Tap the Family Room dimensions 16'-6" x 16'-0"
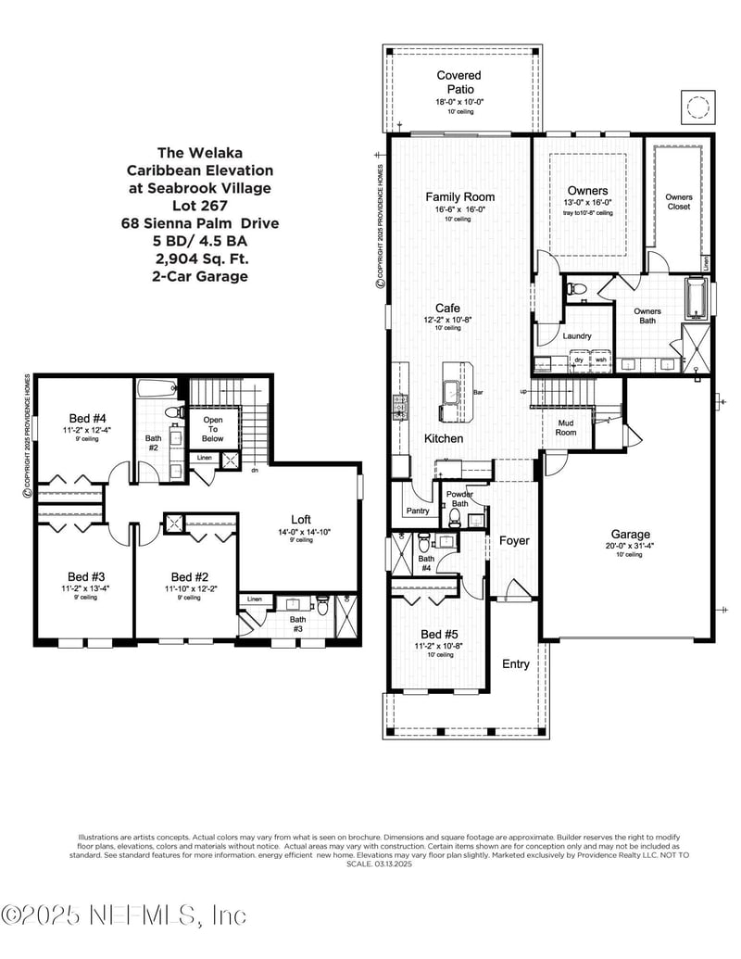pyautogui.click(x=459, y=210)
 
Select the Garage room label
pyautogui.click(x=630, y=535)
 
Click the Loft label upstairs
pyautogui.click(x=300, y=520)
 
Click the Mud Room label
pyautogui.click(x=566, y=428)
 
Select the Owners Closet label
pyautogui.click(x=679, y=201)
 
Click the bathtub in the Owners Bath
pyautogui.click(x=696, y=298)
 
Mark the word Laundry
pyautogui.click(x=576, y=335)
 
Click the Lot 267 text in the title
pyautogui.click(x=201, y=206)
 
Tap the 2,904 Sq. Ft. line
pyautogui.click(x=201, y=259)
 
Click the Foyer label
pyautogui.click(x=514, y=540)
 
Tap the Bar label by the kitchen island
pyautogui.click(x=479, y=393)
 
